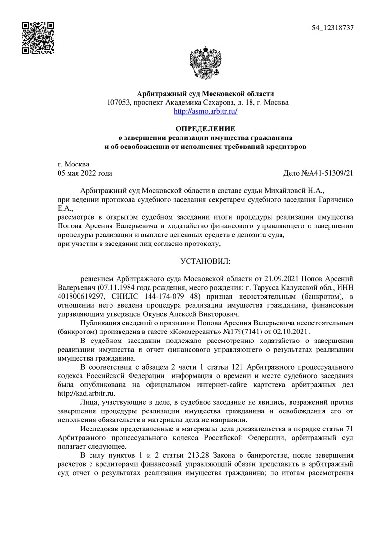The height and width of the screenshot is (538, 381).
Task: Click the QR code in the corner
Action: click(x=39, y=38)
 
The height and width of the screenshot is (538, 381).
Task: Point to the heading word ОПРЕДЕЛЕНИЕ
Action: click(x=205, y=128)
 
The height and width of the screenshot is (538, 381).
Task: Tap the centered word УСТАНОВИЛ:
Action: click(x=205, y=261)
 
